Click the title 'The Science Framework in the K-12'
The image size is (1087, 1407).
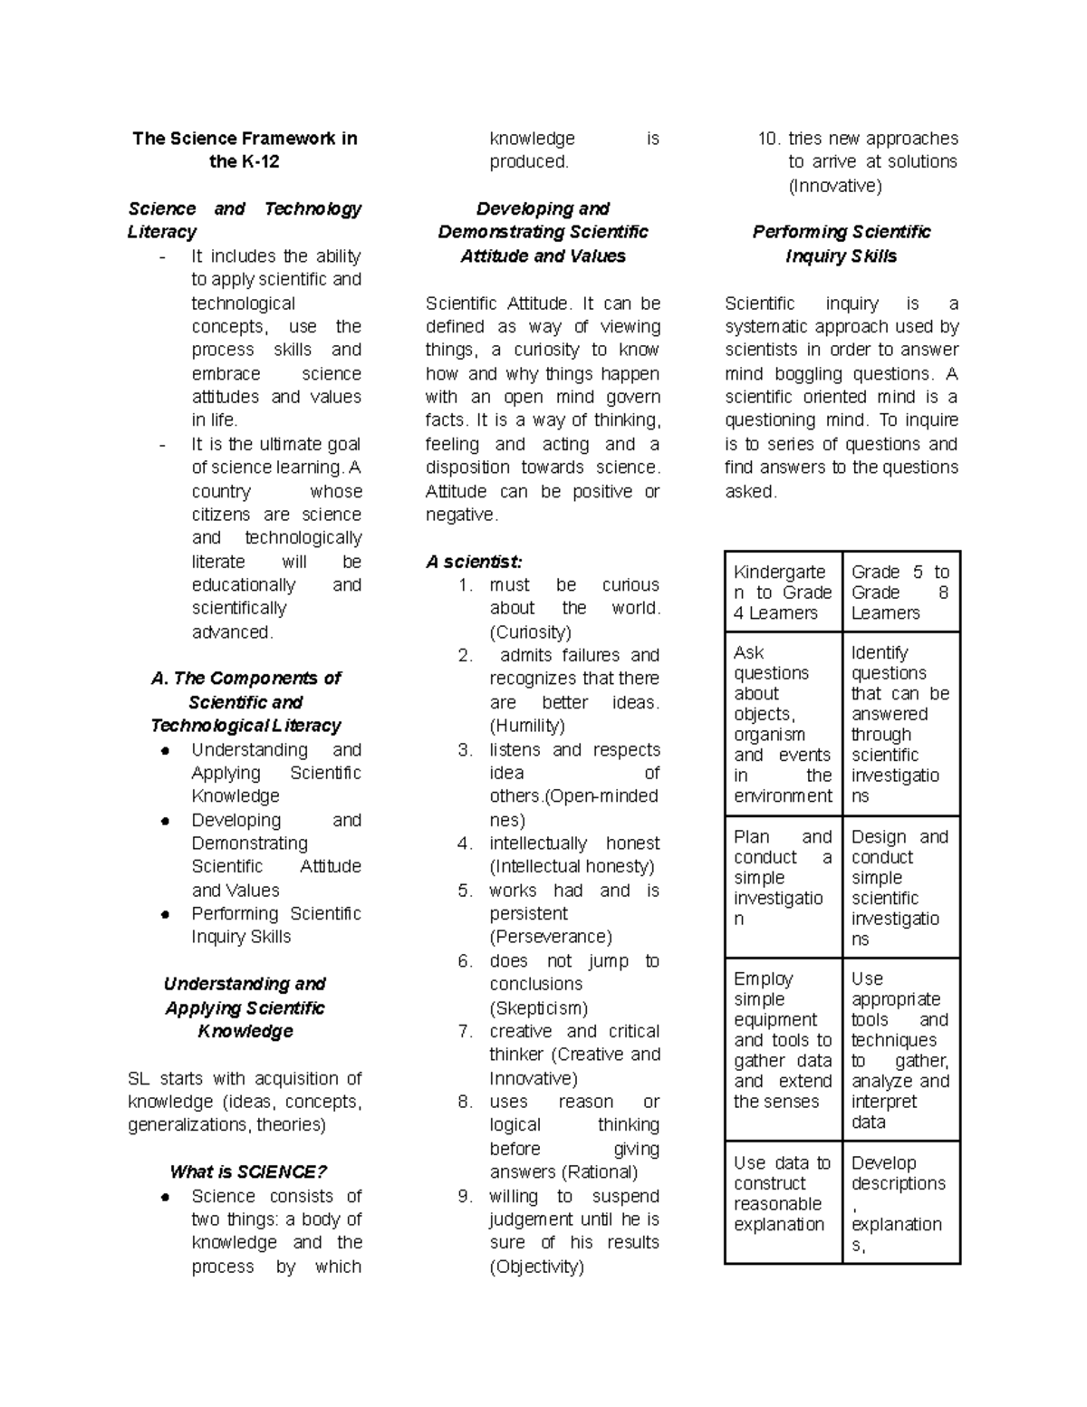click(x=245, y=149)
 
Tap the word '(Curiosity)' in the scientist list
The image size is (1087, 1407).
click(x=530, y=631)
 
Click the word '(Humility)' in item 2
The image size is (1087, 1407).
click(x=526, y=726)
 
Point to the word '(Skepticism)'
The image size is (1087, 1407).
click(x=538, y=1007)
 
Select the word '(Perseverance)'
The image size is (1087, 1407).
click(x=551, y=937)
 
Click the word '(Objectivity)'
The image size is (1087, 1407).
click(x=536, y=1267)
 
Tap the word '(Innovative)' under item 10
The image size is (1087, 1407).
click(x=834, y=186)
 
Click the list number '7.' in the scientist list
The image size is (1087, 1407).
click(x=466, y=1031)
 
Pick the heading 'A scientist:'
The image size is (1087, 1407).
click(x=474, y=562)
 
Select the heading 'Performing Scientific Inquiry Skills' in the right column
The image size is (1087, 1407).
click(x=842, y=244)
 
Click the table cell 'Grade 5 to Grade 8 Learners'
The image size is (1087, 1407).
click(x=899, y=592)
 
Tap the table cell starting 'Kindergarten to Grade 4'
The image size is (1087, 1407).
click(x=783, y=592)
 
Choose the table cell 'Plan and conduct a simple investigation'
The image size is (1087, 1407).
click(x=783, y=877)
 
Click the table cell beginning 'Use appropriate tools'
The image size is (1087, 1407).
click(x=899, y=1049)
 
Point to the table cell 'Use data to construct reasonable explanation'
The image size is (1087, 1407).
click(x=783, y=1193)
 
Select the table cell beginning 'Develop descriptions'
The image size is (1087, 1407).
click(x=899, y=1203)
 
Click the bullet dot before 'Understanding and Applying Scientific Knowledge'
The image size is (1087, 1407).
click(x=165, y=750)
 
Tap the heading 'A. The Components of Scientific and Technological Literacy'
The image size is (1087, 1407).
click(x=245, y=702)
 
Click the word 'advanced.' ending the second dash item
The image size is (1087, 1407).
click(x=232, y=631)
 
